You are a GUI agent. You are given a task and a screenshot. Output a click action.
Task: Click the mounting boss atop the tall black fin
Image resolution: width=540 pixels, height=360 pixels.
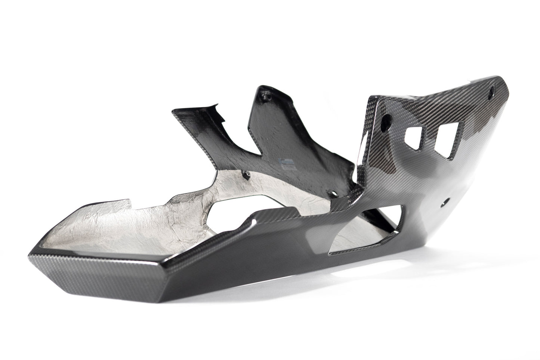tap(266, 97)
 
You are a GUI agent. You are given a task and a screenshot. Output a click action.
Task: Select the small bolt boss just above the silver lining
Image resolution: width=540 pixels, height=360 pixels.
tap(246, 174)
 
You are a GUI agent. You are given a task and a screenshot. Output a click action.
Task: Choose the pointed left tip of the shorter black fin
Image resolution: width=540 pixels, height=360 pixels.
tap(173, 111)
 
